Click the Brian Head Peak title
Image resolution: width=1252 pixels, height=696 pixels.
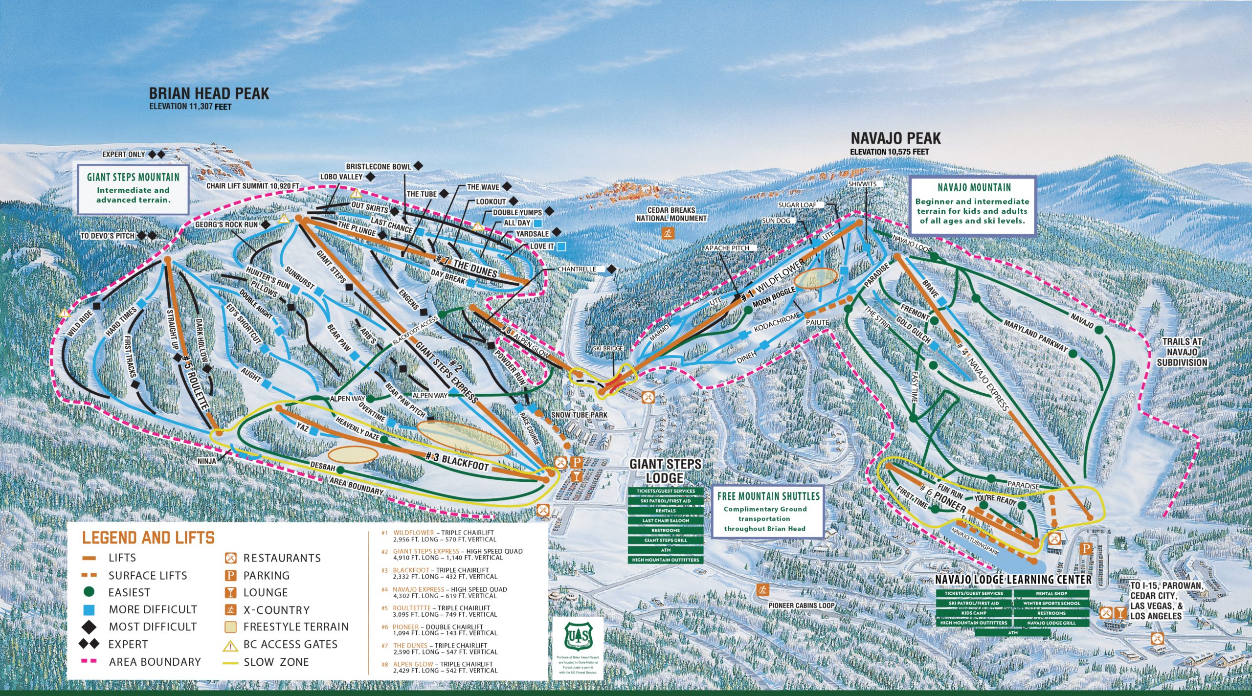(209, 93)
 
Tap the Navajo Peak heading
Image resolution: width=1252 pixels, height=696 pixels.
(895, 138)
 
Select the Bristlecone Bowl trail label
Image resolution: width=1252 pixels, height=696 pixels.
(379, 167)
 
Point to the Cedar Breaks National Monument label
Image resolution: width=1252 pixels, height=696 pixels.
(671, 214)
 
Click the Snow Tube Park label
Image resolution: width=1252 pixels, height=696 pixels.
(579, 415)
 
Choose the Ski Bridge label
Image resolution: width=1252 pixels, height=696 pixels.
(608, 348)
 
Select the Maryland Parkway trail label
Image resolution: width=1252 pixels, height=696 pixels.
(1035, 336)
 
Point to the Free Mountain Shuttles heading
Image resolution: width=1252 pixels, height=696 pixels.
(768, 496)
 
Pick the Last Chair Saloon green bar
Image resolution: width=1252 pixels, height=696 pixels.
(666, 520)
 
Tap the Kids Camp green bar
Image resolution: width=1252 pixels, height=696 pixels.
(973, 613)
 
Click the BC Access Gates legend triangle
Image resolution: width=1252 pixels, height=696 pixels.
(230, 646)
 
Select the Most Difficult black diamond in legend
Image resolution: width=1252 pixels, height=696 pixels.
(89, 627)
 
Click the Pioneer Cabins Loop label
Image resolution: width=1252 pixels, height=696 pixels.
(801, 605)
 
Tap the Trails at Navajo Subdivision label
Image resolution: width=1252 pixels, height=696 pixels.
(1182, 352)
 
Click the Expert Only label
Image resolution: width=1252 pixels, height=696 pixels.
(124, 155)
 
